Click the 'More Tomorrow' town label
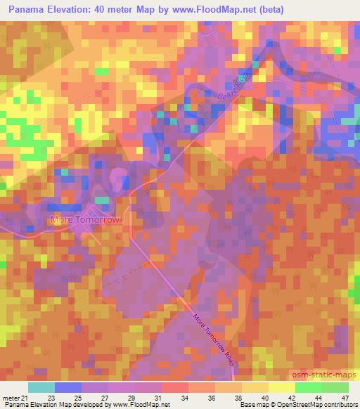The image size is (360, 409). coord(86,220)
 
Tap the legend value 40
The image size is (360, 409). coord(264,398)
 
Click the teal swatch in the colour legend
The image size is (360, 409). coord(41,387)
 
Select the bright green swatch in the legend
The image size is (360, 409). coord(308,387)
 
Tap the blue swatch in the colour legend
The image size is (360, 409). coord(68,387)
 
